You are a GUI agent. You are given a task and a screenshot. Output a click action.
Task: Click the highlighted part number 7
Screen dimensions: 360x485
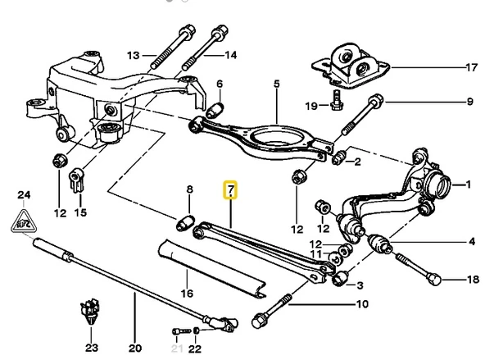(x=231, y=192)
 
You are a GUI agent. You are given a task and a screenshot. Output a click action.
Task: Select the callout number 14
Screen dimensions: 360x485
(x=230, y=56)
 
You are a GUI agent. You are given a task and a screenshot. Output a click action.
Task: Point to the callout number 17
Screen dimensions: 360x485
(x=471, y=66)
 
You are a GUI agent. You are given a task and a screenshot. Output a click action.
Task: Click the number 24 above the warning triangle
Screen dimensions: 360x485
(x=25, y=194)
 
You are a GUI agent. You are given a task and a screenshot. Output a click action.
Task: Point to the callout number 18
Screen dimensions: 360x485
(x=471, y=280)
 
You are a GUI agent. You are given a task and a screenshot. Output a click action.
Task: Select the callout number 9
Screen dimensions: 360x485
(x=471, y=103)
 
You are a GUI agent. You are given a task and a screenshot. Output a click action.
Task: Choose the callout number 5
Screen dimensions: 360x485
(x=276, y=83)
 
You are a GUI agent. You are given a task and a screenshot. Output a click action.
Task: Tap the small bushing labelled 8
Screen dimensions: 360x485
(x=184, y=222)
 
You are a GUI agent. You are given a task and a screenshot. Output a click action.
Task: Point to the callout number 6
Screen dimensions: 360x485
(x=219, y=84)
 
